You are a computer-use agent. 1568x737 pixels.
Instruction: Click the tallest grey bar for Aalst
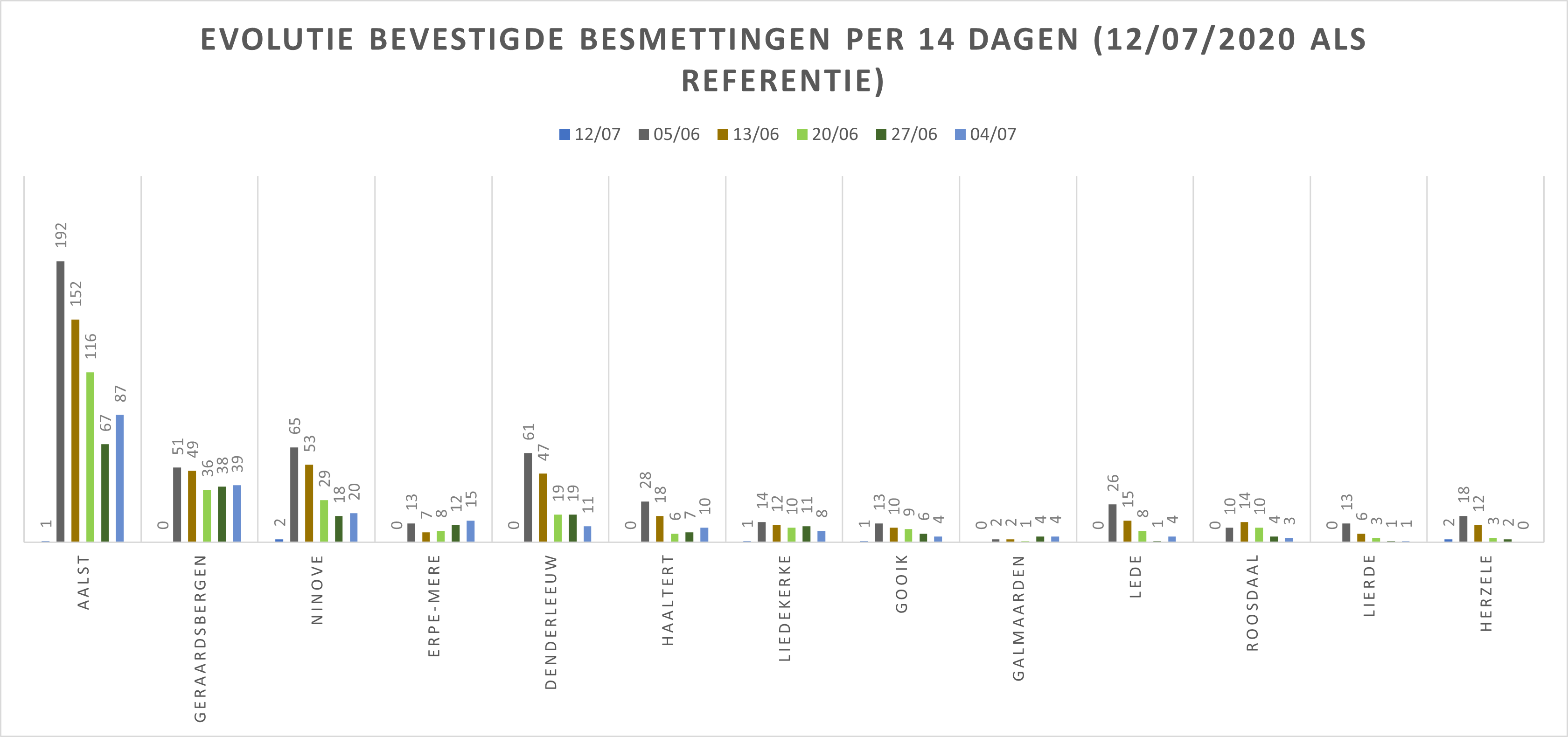[x=60, y=402]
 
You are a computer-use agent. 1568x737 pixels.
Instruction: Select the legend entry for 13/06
[x=748, y=134]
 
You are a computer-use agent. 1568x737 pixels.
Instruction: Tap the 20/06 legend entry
[x=827, y=134]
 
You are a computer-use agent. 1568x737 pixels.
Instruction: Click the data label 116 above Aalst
[x=91, y=346]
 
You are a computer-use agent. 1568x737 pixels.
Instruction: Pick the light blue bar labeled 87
[x=120, y=478]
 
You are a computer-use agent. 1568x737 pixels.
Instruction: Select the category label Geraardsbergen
[x=200, y=638]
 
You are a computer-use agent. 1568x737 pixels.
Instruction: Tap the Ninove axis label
[x=317, y=589]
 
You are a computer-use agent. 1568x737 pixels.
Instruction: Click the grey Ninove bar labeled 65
[x=294, y=494]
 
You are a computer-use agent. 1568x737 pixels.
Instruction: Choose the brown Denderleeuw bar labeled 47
[x=543, y=508]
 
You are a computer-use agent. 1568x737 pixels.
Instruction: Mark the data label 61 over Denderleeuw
[x=529, y=432]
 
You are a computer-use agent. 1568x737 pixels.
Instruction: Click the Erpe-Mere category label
[x=434, y=605]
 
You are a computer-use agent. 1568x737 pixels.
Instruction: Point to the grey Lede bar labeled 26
[x=1113, y=523]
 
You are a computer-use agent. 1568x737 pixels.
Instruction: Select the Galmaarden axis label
[x=1018, y=618]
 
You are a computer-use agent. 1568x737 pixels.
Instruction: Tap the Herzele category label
[x=1486, y=593]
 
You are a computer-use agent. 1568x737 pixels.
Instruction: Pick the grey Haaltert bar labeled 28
[x=645, y=521]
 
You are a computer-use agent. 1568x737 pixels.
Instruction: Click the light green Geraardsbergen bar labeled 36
[x=207, y=515]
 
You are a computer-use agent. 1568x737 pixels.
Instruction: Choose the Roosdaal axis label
[x=1252, y=603]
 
